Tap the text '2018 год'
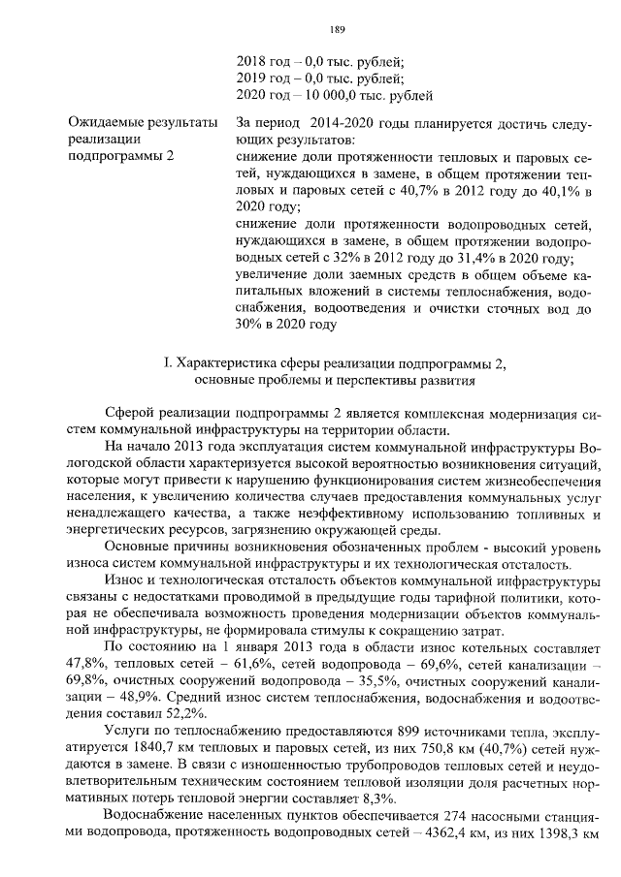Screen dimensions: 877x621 coord(264,59)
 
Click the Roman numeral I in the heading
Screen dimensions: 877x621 coord(168,363)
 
